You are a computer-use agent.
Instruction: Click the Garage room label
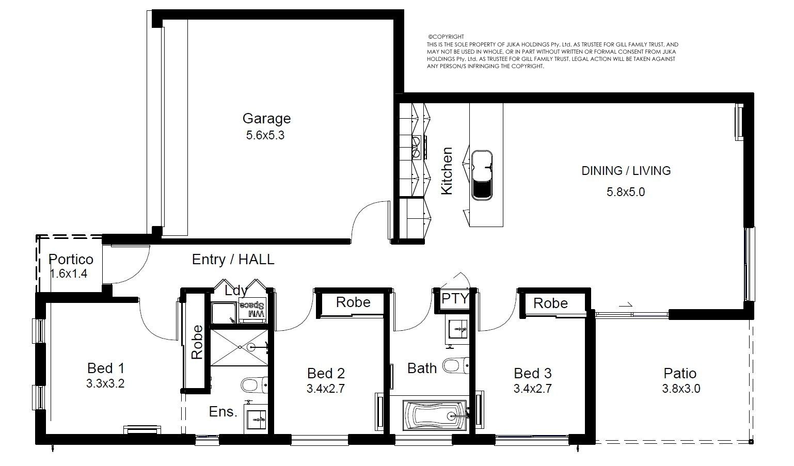click(266, 119)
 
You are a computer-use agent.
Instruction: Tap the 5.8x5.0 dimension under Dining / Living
click(626, 192)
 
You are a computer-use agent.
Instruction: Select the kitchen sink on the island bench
click(482, 175)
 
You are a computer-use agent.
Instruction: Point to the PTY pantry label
click(455, 299)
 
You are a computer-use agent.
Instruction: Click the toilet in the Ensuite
click(255, 385)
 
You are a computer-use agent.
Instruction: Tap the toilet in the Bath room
click(456, 365)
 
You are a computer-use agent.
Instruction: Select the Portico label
click(71, 260)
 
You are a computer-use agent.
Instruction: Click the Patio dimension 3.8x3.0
click(681, 389)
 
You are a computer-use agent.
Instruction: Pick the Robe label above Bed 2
click(353, 302)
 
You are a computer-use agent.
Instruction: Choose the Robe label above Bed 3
click(550, 303)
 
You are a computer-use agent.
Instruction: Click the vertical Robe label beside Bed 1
click(197, 342)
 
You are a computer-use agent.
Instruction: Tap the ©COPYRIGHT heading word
click(446, 37)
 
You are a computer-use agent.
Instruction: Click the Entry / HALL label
click(233, 260)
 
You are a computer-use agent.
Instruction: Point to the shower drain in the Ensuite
click(251, 347)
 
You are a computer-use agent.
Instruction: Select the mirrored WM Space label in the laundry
click(252, 309)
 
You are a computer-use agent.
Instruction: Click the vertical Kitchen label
click(447, 171)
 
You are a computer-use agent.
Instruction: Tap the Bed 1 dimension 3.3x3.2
click(105, 383)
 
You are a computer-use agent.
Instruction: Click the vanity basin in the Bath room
click(457, 330)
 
